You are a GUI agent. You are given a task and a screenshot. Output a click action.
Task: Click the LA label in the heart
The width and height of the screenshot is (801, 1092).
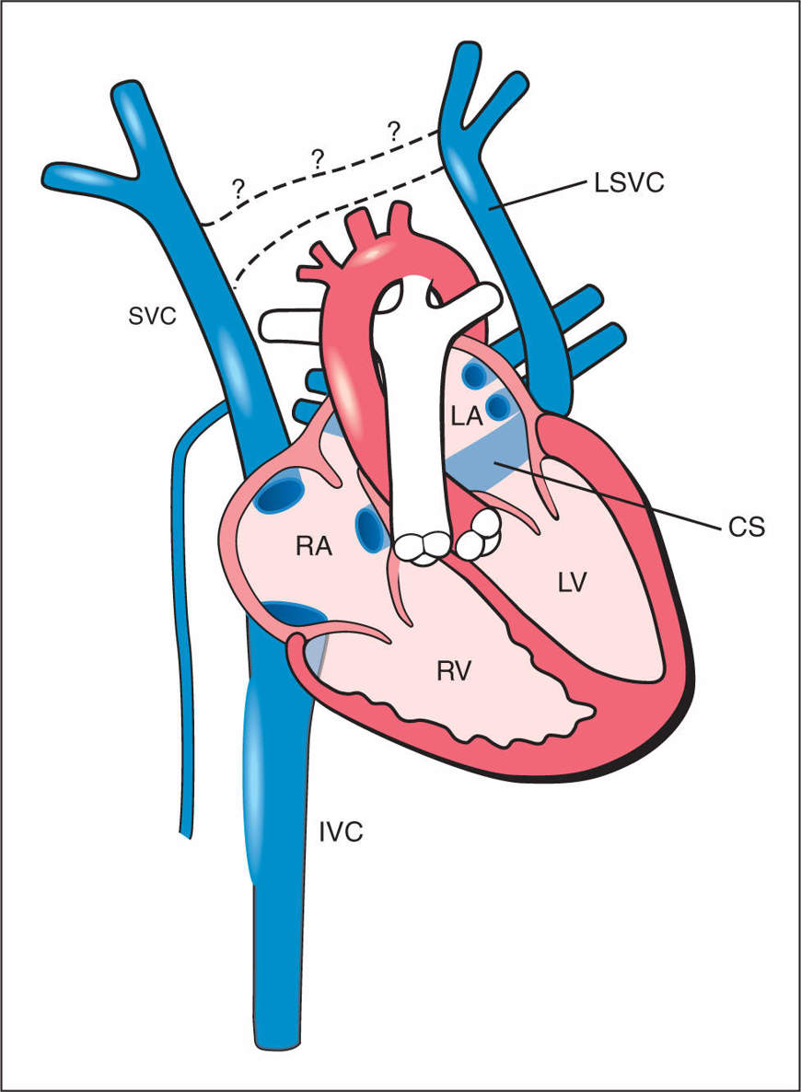click(467, 417)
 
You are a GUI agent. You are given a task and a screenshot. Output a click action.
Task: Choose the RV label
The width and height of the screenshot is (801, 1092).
click(454, 669)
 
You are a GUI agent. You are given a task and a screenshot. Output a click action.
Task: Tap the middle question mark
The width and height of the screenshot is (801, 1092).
click(319, 157)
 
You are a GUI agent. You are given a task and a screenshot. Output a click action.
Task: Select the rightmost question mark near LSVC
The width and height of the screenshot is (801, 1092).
click(395, 130)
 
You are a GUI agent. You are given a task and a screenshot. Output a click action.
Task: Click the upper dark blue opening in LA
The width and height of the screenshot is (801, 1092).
click(475, 375)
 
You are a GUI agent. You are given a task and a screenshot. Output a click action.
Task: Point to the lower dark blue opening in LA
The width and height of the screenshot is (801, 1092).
click(497, 405)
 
